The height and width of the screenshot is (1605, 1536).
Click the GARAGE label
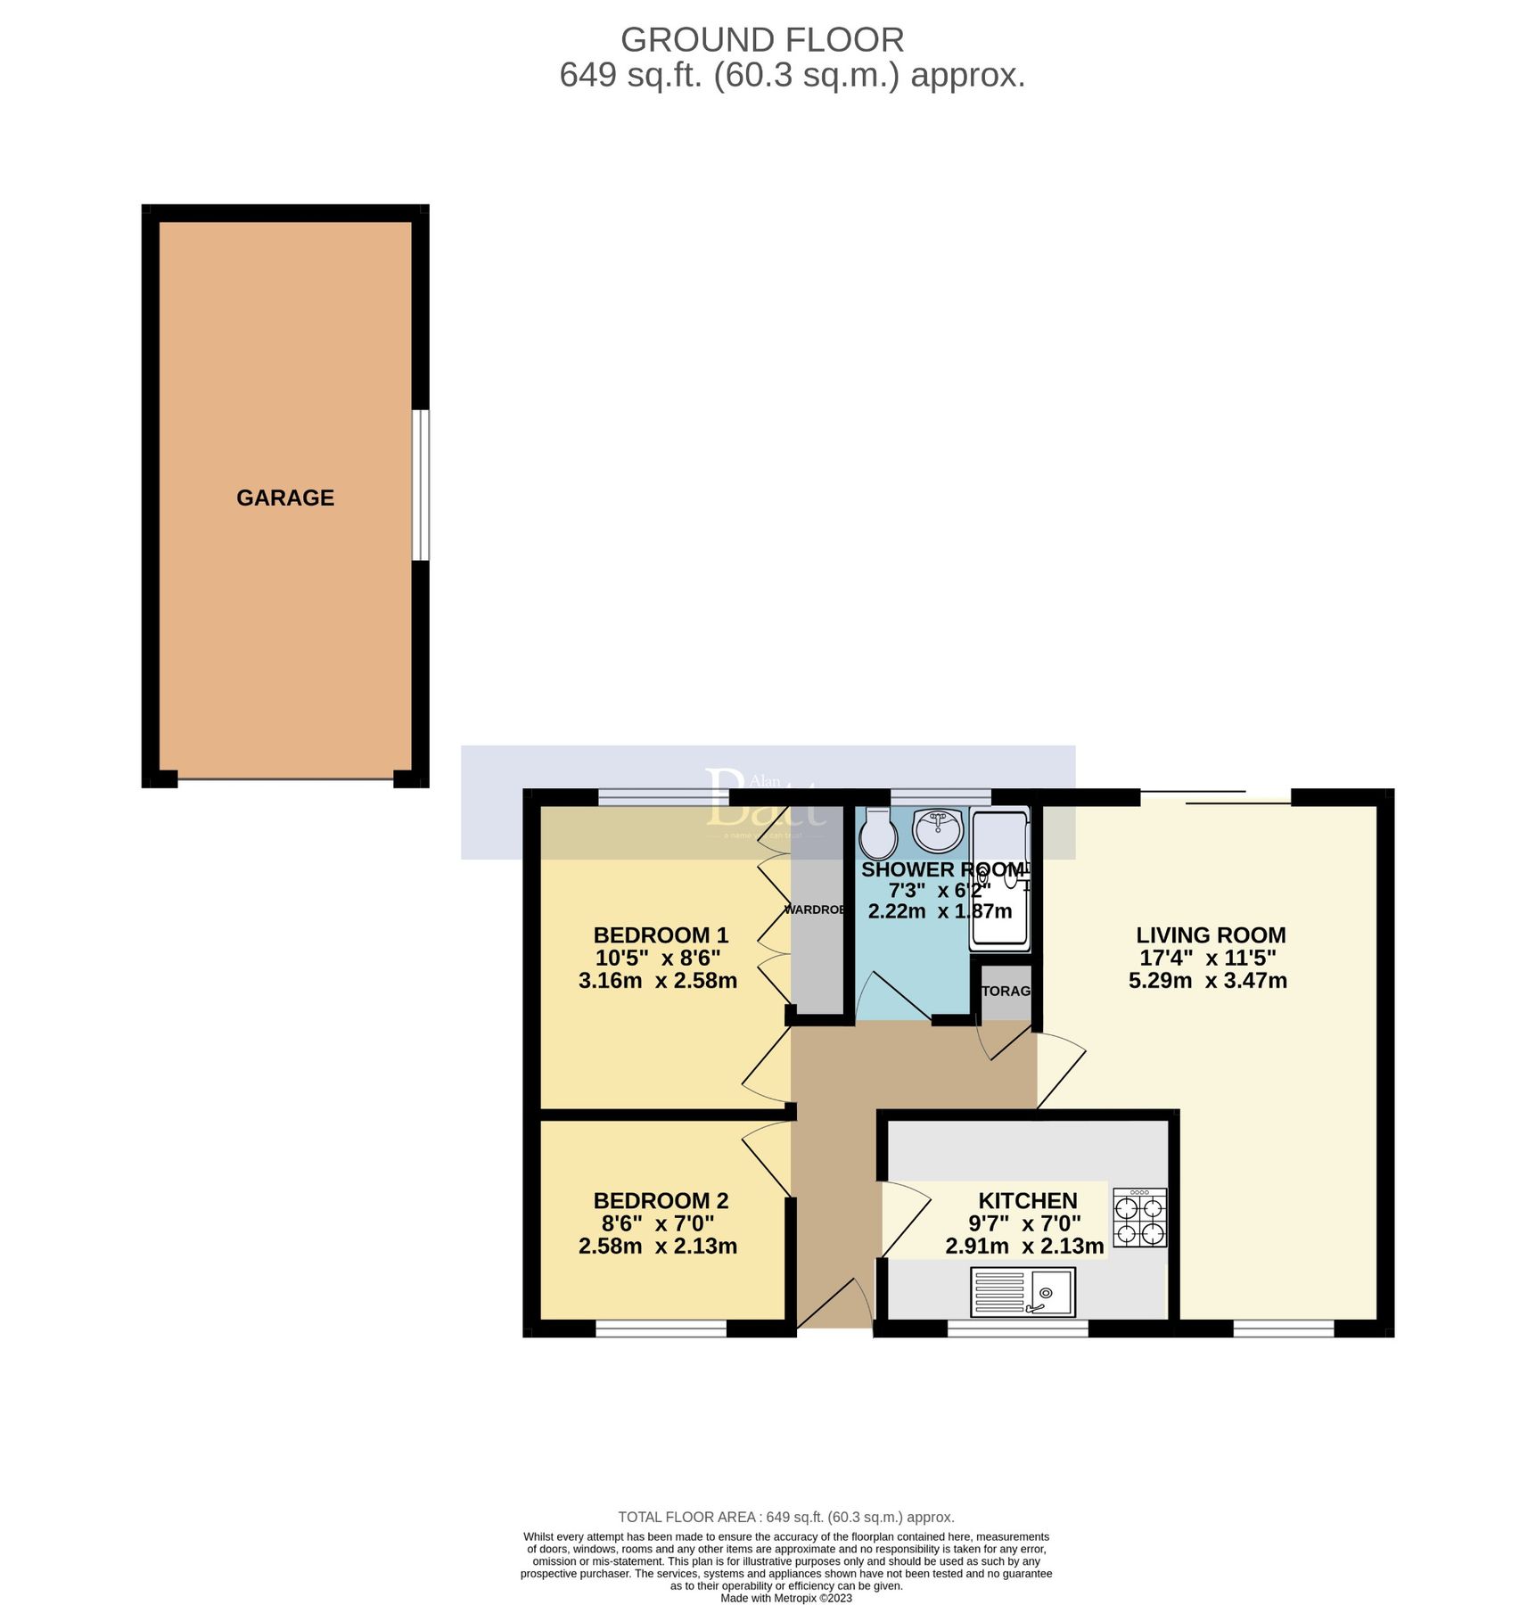(x=285, y=498)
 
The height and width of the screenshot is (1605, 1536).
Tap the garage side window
(x=421, y=485)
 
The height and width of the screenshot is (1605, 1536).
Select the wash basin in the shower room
(x=938, y=829)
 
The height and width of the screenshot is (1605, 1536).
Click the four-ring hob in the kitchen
(x=1140, y=1218)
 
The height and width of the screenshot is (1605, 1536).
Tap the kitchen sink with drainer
(x=1023, y=1293)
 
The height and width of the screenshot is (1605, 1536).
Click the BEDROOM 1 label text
(x=661, y=935)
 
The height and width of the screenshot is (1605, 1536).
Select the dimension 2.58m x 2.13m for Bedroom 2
(x=658, y=1247)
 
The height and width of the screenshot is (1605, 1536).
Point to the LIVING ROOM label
(x=1211, y=935)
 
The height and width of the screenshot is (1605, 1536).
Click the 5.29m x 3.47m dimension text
(x=1208, y=981)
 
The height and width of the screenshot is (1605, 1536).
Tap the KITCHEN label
(x=1028, y=1201)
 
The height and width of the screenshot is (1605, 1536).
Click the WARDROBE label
(x=815, y=909)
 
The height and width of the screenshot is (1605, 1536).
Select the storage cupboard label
(x=1006, y=991)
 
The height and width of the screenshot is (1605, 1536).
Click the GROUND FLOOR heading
(x=762, y=40)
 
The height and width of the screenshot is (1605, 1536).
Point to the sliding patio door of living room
(x=1215, y=797)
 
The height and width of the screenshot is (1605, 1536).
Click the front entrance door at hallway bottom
(x=833, y=1307)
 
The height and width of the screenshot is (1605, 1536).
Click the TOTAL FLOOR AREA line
(x=786, y=1517)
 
